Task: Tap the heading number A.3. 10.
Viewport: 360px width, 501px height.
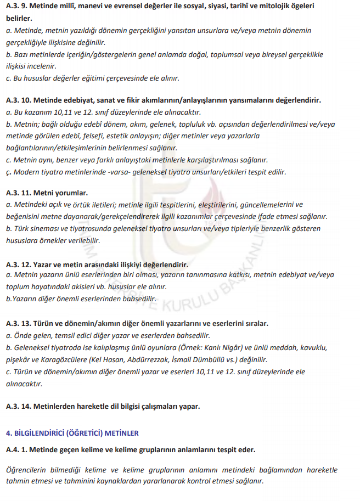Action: click(19, 101)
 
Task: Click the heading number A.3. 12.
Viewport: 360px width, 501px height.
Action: click(19, 264)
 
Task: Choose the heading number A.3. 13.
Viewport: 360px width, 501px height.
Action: click(19, 323)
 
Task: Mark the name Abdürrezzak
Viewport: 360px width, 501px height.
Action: click(167, 359)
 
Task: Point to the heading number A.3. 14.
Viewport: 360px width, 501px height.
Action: click(19, 407)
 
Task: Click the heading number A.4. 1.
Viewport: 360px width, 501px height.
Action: click(18, 449)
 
